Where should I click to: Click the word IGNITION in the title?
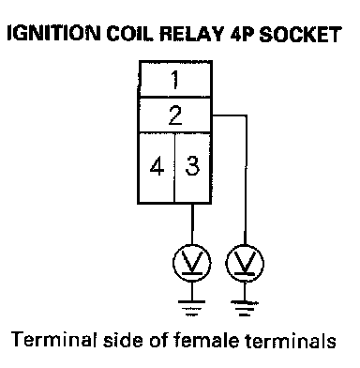pyautogui.click(x=53, y=33)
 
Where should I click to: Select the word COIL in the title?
pyautogui.click(x=130, y=33)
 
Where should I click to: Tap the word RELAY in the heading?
pyautogui.click(x=192, y=33)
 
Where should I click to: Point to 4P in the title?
pyautogui.click(x=242, y=33)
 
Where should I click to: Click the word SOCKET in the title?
pyautogui.click(x=300, y=34)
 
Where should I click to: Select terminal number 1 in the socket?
pyautogui.click(x=175, y=80)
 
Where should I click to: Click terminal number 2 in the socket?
pyautogui.click(x=175, y=115)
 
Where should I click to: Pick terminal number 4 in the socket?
pyautogui.click(x=157, y=167)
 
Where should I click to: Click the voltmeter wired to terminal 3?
pyautogui.click(x=192, y=263)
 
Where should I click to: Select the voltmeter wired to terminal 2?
pyautogui.click(x=245, y=263)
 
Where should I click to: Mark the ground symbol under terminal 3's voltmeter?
pyautogui.click(x=191, y=308)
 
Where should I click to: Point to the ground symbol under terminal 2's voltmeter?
pyautogui.click(x=245, y=308)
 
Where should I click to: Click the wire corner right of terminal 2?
pyautogui.click(x=247, y=115)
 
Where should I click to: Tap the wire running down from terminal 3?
pyautogui.click(x=192, y=224)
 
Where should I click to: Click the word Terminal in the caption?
pyautogui.click(x=52, y=340)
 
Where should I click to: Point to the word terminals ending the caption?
pyautogui.click(x=291, y=340)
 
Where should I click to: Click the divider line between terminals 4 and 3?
pyautogui.click(x=174, y=168)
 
